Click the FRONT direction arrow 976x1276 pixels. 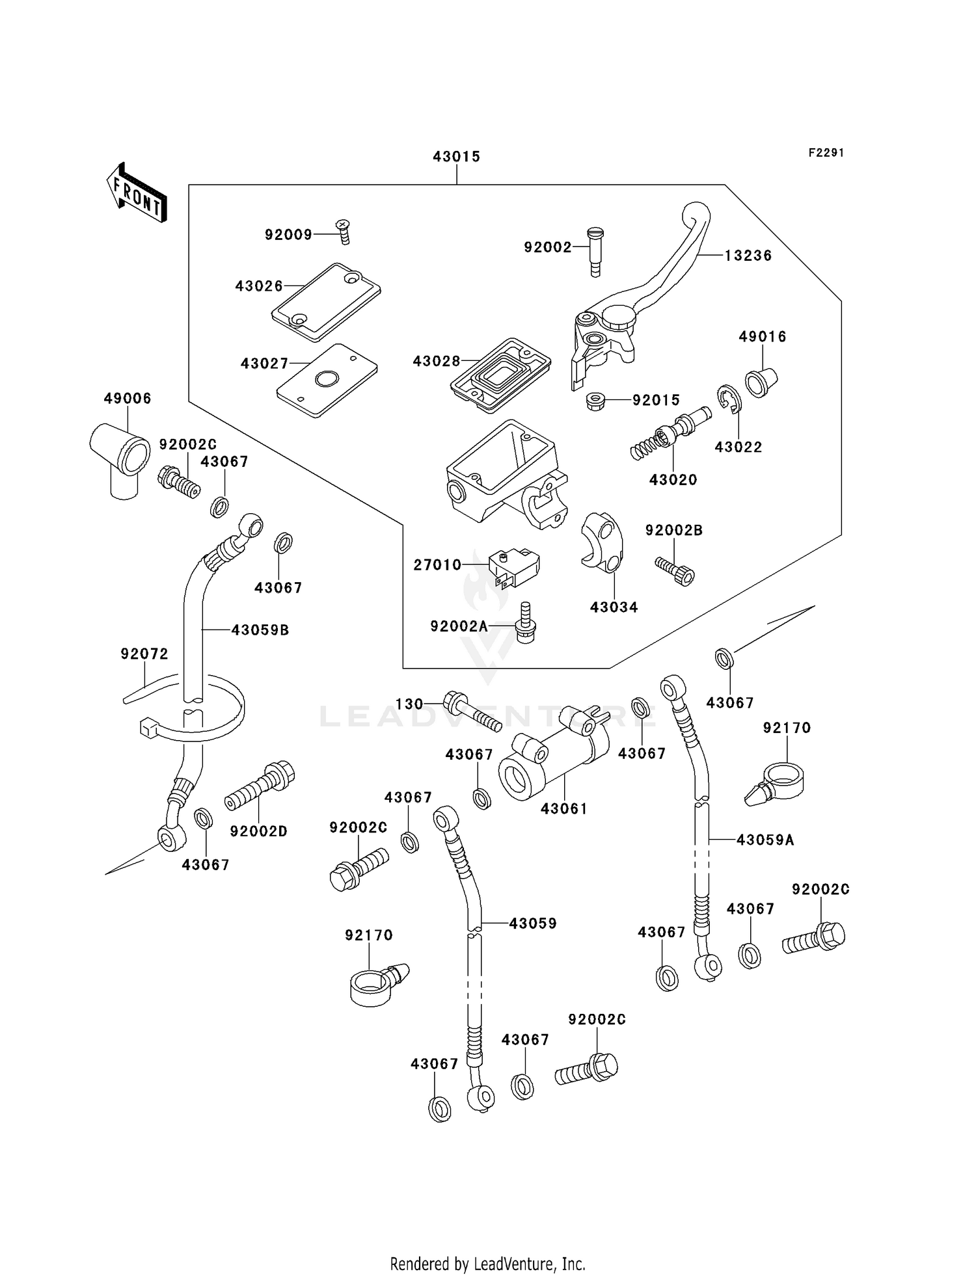(x=137, y=193)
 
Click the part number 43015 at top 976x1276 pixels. (x=456, y=157)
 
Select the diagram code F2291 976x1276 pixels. (x=826, y=153)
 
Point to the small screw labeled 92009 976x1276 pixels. (x=344, y=231)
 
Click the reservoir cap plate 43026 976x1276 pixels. (x=326, y=302)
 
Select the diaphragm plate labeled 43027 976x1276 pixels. (x=327, y=380)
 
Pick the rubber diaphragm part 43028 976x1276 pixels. (x=500, y=373)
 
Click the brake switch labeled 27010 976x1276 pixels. (x=514, y=566)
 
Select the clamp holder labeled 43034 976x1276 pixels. (x=602, y=542)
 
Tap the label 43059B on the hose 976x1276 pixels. (x=260, y=630)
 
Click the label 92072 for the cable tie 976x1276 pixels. (x=144, y=654)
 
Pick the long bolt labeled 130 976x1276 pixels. (x=472, y=713)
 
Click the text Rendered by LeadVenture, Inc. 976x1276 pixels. (x=487, y=1264)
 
